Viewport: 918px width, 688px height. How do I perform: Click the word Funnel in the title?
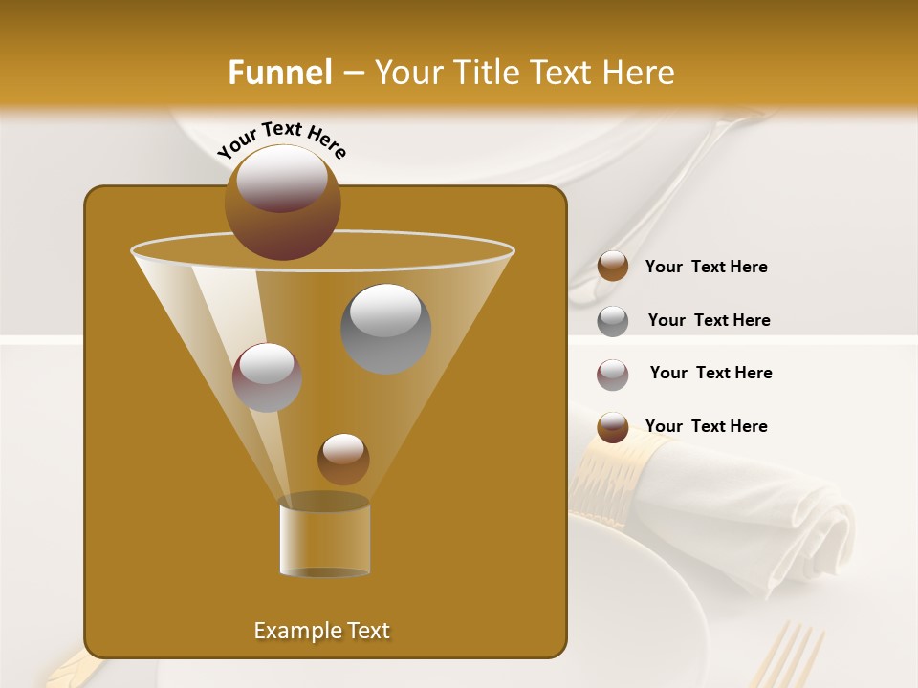click(x=280, y=73)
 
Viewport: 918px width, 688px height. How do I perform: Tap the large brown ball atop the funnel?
click(x=282, y=202)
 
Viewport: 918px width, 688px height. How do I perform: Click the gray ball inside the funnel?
click(x=386, y=329)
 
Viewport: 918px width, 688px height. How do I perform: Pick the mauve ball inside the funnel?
click(x=268, y=377)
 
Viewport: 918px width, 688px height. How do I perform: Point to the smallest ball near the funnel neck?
click(x=343, y=459)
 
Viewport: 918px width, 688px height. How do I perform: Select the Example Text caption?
click(x=321, y=631)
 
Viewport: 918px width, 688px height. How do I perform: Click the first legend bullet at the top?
click(x=613, y=267)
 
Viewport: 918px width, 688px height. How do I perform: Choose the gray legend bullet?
click(x=613, y=320)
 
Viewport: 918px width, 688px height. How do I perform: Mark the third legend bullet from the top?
click(x=613, y=374)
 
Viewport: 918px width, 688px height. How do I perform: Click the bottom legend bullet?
click(x=613, y=427)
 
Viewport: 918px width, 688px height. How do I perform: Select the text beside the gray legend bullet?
click(x=709, y=320)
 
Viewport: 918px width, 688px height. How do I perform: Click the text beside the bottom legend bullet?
click(x=706, y=426)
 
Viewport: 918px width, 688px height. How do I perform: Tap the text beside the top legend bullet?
click(x=706, y=267)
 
